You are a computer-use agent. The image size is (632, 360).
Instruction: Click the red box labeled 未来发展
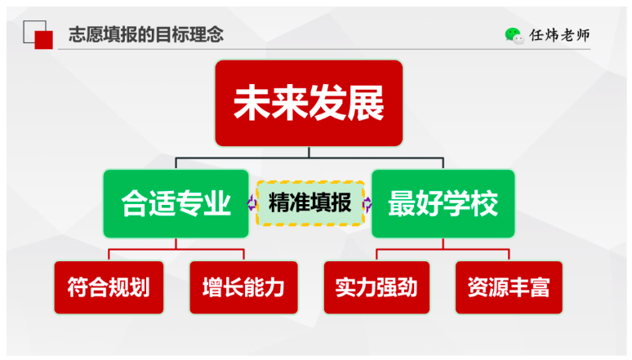click(309, 103)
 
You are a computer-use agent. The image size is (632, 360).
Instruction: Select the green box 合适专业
click(176, 203)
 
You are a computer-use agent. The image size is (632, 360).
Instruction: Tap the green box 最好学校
click(443, 203)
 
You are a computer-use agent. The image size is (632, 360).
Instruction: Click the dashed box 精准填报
click(310, 203)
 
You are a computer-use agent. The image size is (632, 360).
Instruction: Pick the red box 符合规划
click(109, 287)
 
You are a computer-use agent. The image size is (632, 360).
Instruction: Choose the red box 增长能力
click(244, 287)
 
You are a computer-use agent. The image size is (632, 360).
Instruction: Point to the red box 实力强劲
click(376, 287)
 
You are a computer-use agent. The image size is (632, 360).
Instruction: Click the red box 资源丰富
click(509, 287)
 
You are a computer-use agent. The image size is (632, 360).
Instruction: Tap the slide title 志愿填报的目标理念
click(146, 34)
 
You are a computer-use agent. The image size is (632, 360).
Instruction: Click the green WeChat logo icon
click(514, 35)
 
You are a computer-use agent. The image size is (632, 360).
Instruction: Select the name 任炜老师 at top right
click(559, 35)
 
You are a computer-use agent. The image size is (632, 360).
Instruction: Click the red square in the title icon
click(43, 40)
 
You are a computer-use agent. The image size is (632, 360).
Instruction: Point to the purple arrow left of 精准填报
click(252, 202)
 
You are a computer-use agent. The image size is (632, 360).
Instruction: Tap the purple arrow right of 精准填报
click(367, 204)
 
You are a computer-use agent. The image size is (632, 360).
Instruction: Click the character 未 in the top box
click(252, 103)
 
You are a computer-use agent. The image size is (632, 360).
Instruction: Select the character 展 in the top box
click(366, 103)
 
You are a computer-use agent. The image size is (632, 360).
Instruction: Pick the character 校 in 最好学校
click(484, 203)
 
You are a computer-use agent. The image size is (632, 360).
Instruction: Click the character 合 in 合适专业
click(135, 203)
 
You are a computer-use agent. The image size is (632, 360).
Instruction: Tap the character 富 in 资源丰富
click(539, 287)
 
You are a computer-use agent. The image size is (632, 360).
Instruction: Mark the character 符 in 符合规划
click(78, 287)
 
